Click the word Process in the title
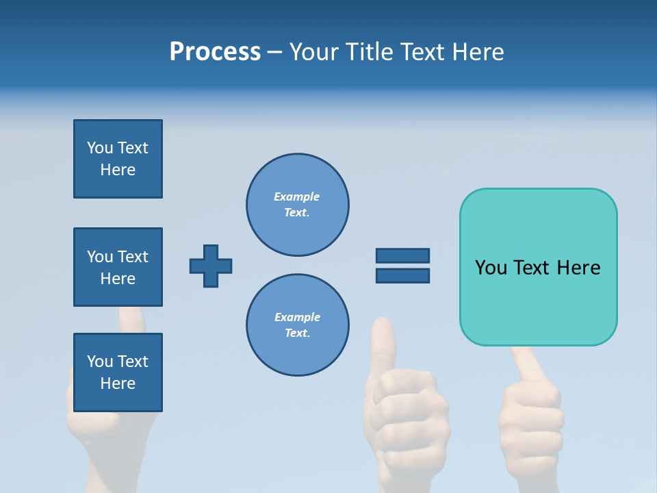pos(215,52)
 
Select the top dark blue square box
pos(118,159)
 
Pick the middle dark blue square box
pos(118,267)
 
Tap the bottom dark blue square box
pos(118,372)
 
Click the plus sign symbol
pos(211,266)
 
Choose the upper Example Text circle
pos(297,204)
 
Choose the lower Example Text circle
pos(297,325)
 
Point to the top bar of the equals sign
pos(402,255)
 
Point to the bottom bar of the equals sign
pos(402,275)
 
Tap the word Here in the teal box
pos(578,268)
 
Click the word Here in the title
pos(475,52)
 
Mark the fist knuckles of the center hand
pos(407,397)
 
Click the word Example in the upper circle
pos(297,197)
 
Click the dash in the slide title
pos(275,52)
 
